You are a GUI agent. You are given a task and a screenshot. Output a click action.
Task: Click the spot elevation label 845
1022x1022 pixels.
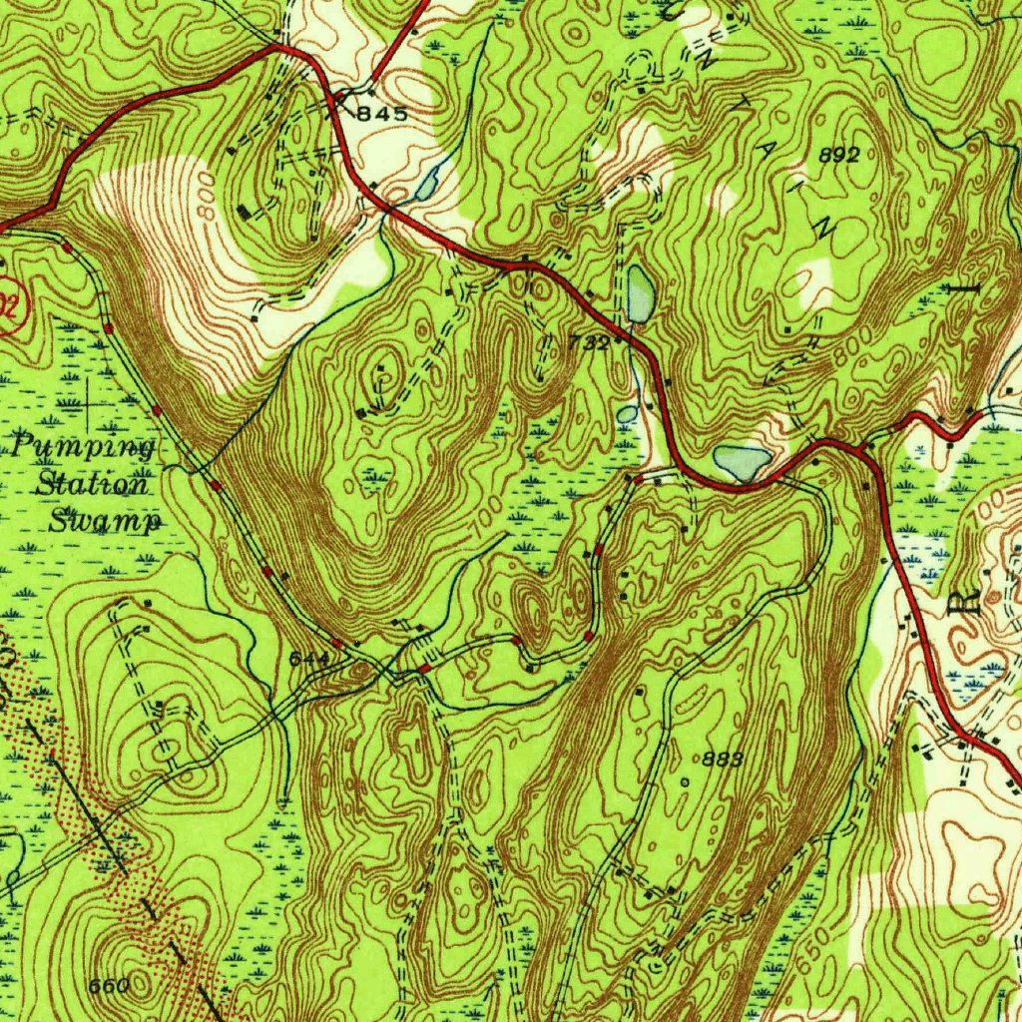382,115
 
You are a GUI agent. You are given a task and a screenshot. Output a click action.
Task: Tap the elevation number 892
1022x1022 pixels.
838,155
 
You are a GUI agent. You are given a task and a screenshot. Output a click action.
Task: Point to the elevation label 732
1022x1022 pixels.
589,342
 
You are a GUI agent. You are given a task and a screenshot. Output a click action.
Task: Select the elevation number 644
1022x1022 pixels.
308,660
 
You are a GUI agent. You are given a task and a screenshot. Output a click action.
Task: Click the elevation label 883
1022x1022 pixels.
722,760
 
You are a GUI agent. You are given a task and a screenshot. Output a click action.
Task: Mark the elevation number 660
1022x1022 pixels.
109,986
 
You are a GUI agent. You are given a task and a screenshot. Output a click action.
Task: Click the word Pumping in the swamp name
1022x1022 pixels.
85,446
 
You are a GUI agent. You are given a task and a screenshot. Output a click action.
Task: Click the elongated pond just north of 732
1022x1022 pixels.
641,293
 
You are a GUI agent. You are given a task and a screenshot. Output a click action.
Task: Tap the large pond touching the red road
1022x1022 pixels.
742,462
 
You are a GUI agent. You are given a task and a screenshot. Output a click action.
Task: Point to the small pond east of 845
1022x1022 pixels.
427,186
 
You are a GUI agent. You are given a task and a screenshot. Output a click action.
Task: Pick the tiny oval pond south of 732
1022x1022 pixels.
627,413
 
